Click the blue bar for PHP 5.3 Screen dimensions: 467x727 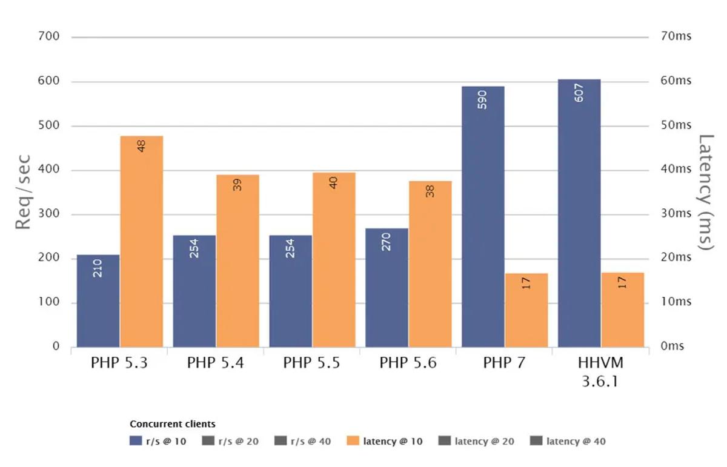pos(98,301)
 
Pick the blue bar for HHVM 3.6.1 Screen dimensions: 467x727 pos(579,213)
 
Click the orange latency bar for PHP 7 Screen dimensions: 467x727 pos(526,310)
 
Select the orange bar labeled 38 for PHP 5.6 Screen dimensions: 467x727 pos(430,264)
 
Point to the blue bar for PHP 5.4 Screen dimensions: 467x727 pos(194,291)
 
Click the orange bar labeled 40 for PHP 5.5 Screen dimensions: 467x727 pos(334,260)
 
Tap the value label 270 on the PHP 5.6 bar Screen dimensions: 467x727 pos(387,241)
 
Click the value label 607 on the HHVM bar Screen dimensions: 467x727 pos(579,92)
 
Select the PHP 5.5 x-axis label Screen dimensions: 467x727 pos(311,363)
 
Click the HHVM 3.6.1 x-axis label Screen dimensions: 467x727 pos(600,373)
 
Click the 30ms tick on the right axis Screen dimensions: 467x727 pos(675,214)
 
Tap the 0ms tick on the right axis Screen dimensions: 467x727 pos(672,346)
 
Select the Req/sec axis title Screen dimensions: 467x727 pos(22,191)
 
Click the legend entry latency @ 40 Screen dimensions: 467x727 pos(568,442)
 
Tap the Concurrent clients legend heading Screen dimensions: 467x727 pos(173,424)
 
